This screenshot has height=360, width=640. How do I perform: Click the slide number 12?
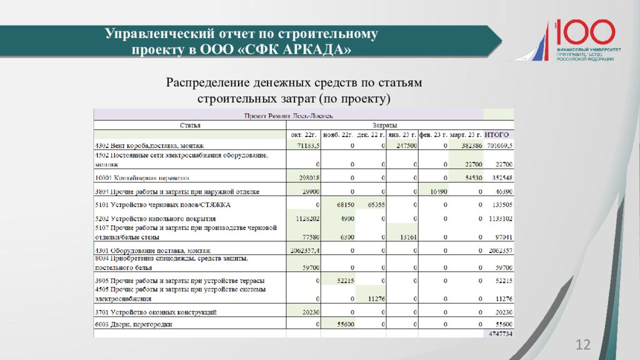tap(582, 345)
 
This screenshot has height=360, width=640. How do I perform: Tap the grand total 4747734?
tap(499, 334)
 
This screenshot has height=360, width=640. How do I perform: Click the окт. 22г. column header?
tap(304, 135)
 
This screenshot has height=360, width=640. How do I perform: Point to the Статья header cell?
tap(190, 126)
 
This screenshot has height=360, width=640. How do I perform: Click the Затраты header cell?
tap(384, 126)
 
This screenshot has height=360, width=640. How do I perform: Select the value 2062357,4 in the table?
tap(302, 251)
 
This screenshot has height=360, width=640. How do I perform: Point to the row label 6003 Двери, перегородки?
tap(133, 324)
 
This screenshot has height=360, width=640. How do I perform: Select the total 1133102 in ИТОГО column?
tap(499, 219)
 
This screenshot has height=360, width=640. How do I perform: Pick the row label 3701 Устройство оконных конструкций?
tap(156, 311)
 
